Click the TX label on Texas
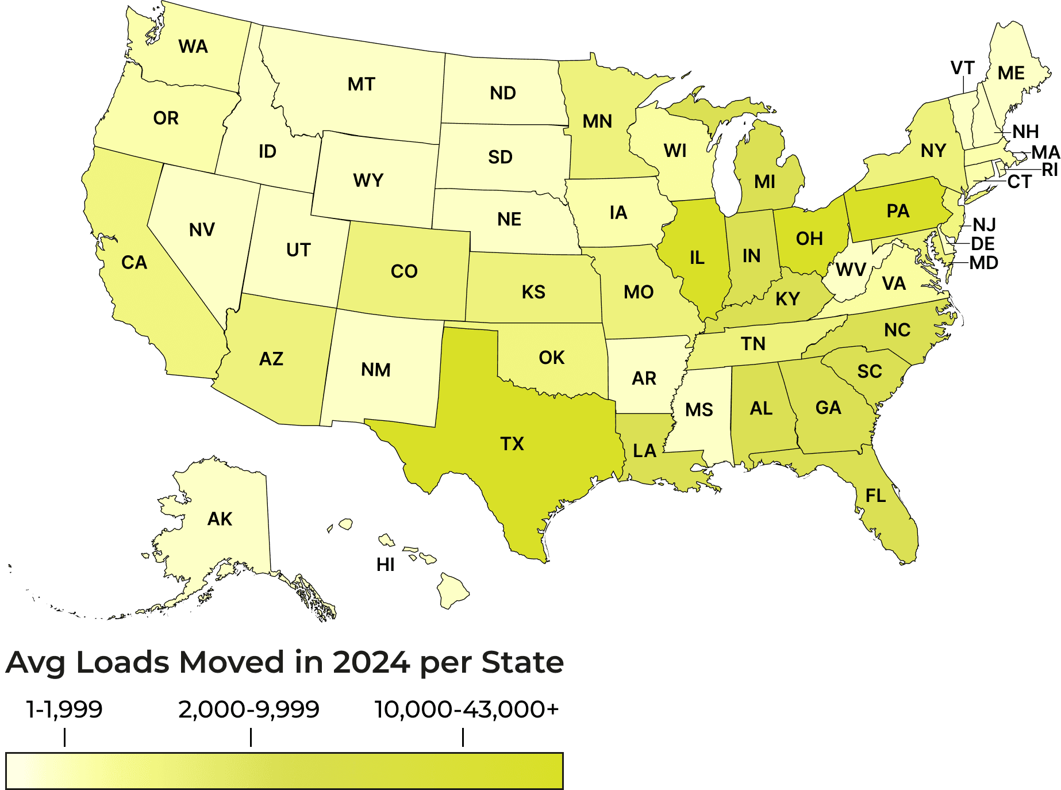[512, 444]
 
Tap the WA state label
[193, 47]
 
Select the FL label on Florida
[875, 496]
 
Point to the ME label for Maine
[1011, 74]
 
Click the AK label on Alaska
[220, 519]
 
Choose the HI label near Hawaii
[385, 565]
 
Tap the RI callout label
[1050, 170]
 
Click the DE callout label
[982, 244]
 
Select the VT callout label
[962, 68]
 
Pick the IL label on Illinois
[697, 258]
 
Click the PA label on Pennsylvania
[898, 211]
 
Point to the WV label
[851, 270]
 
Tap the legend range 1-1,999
[64, 710]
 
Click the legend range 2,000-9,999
[248, 710]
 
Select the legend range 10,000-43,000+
[466, 710]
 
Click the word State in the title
[522, 662]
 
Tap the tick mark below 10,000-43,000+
[463, 737]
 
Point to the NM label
[376, 370]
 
